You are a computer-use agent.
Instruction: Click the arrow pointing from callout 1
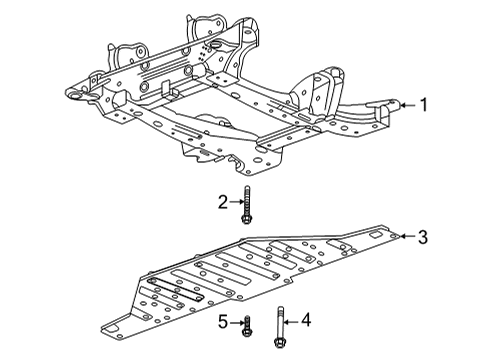(x=407, y=103)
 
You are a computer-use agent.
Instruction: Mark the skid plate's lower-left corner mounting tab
(x=112, y=326)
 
